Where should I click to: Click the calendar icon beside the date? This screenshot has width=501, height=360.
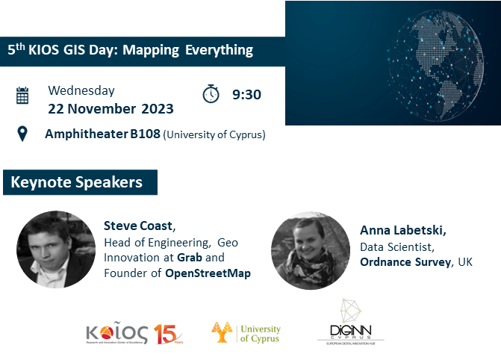[x=22, y=96]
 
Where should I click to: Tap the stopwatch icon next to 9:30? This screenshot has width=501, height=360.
[x=211, y=94]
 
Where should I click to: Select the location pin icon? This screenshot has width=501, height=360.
[x=22, y=134]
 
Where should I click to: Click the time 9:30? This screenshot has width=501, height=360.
[x=246, y=95]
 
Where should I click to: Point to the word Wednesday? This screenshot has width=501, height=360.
[x=81, y=90]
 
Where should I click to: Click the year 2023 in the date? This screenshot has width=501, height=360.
[x=157, y=108]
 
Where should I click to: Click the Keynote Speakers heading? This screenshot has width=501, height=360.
[x=76, y=181]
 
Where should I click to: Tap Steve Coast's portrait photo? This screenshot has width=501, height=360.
[x=55, y=248]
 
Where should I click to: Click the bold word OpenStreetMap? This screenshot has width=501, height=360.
[x=208, y=273]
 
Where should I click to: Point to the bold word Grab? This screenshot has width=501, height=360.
[x=190, y=257]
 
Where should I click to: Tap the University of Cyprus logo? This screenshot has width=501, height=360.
[x=246, y=333]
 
